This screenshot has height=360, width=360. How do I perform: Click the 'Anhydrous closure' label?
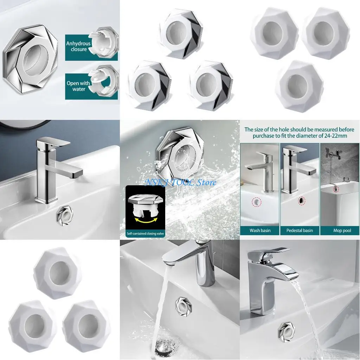tap(78, 46)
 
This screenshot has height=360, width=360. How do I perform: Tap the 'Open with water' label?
tap(78, 86)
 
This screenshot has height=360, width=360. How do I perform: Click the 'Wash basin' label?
tap(260, 231)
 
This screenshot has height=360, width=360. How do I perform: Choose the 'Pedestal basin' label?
tap(300, 231)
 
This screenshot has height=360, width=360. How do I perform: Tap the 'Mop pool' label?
tap(340, 231)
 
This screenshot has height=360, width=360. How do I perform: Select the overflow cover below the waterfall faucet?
tap(284, 330)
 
